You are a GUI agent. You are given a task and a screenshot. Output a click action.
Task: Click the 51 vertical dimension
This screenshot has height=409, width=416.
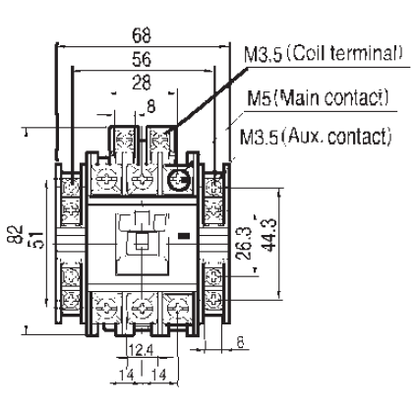(x=37, y=237)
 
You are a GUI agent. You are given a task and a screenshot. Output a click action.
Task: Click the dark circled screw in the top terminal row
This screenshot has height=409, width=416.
(x=180, y=179)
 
